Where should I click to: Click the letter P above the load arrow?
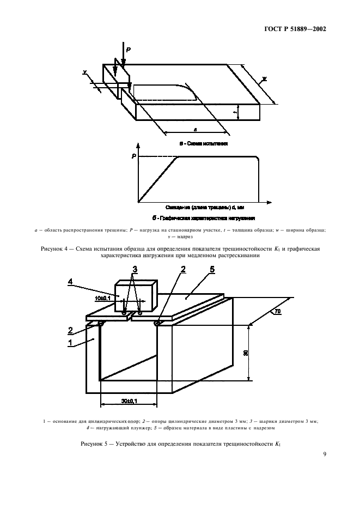click(128, 50)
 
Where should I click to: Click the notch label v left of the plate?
click(86, 71)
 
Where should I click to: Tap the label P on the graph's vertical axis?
click(133, 157)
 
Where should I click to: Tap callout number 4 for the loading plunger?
click(70, 281)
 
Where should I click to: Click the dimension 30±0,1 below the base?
click(129, 401)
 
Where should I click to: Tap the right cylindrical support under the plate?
click(157, 324)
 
